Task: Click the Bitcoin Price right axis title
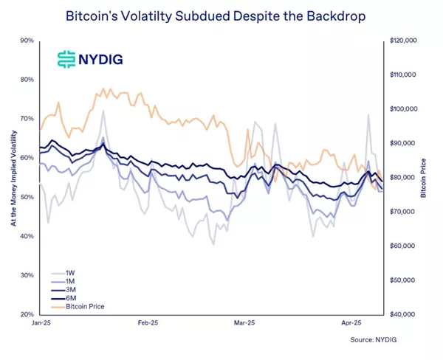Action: click(x=433, y=178)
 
